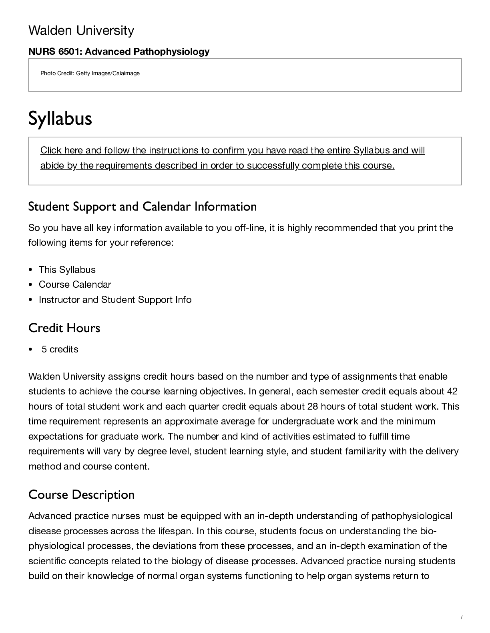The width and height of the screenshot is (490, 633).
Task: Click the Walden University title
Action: (x=81, y=30)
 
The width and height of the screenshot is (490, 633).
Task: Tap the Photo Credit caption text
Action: (x=90, y=73)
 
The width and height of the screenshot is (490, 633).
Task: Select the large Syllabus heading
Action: (x=60, y=118)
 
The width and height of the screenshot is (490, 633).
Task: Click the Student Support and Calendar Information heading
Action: (x=143, y=207)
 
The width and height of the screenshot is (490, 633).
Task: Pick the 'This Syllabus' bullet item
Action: (x=67, y=270)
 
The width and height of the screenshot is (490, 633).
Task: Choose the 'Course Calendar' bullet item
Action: (x=75, y=285)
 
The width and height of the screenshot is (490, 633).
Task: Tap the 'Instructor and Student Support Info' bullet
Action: (x=115, y=300)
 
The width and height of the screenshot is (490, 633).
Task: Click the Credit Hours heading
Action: (x=64, y=328)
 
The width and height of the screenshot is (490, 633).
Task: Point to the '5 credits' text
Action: (x=60, y=349)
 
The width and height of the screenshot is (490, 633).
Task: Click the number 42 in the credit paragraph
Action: (x=452, y=391)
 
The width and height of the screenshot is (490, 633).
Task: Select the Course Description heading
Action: (x=81, y=495)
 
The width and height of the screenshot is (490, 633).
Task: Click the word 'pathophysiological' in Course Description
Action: (x=412, y=516)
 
